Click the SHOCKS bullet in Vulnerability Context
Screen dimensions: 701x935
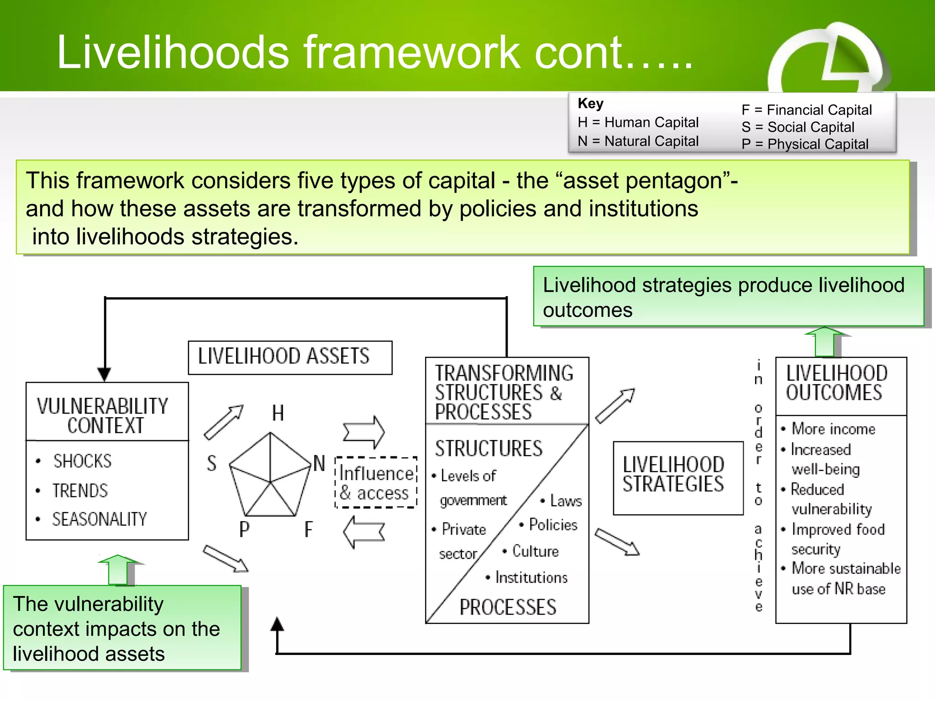click(82, 461)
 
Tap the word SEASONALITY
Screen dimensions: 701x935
click(100, 519)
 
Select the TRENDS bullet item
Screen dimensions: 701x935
click(80, 491)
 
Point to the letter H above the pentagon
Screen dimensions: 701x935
click(278, 413)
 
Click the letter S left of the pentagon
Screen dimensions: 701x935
click(211, 463)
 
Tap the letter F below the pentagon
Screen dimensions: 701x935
click(309, 530)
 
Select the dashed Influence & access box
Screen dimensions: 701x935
click(376, 483)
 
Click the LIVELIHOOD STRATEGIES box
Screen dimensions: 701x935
click(678, 477)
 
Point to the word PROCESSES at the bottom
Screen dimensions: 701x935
click(508, 607)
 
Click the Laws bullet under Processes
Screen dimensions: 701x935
click(566, 501)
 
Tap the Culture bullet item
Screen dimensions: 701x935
click(535, 551)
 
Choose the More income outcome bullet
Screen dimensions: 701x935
click(833, 429)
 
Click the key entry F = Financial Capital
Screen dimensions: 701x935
click(807, 110)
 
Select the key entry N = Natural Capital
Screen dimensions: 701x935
click(638, 141)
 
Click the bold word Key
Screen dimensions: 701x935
click(590, 104)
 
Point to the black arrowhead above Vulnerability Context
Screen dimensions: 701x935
click(105, 374)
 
